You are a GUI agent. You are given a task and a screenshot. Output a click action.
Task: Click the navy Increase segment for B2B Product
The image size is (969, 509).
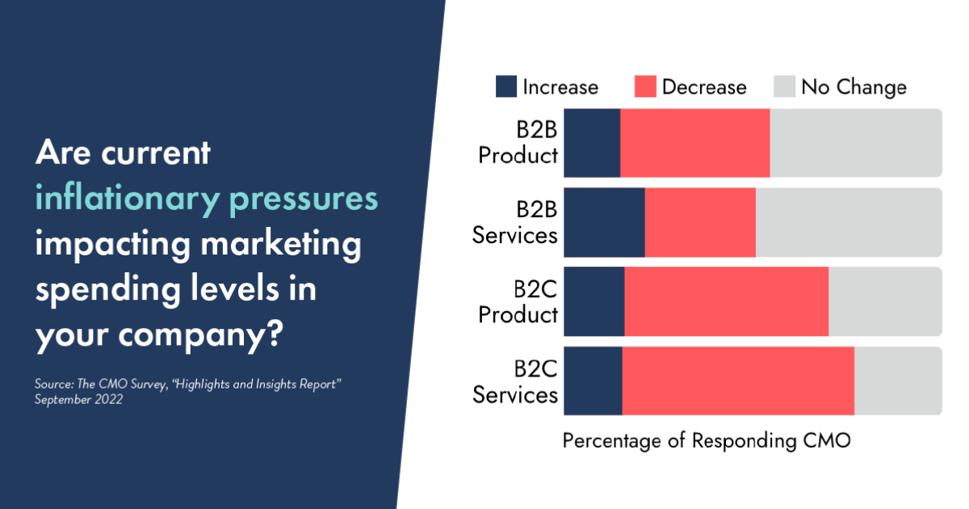tap(592, 143)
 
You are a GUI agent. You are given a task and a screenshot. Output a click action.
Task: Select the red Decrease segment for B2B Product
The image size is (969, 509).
tap(694, 143)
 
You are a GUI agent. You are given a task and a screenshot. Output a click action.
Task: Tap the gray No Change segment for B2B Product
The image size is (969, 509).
tap(855, 143)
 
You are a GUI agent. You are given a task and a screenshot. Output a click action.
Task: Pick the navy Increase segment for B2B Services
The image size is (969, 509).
tap(604, 222)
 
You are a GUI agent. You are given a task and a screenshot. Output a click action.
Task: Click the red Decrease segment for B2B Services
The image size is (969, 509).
tap(700, 222)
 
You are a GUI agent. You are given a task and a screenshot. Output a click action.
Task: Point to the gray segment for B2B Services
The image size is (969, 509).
tap(848, 222)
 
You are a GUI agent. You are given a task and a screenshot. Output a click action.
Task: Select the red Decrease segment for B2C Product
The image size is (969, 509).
tap(726, 301)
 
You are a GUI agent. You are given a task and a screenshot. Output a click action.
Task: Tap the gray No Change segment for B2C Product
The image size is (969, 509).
tap(885, 301)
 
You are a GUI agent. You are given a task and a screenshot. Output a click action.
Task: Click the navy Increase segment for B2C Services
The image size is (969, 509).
tap(593, 381)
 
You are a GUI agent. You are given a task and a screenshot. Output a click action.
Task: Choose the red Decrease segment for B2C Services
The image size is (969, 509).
tap(738, 381)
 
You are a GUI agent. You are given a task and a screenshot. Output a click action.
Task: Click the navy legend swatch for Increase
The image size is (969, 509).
tap(506, 86)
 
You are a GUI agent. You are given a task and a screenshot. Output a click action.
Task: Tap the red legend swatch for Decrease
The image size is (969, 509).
tap(645, 86)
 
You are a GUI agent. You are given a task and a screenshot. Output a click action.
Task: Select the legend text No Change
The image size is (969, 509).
tap(854, 87)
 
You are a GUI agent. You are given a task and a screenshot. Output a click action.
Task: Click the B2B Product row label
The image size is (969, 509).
tap(518, 143)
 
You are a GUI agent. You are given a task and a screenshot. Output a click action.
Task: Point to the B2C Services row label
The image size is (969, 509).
tap(515, 381)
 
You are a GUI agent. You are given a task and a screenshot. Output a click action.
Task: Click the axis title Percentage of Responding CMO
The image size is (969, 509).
tap(707, 441)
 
